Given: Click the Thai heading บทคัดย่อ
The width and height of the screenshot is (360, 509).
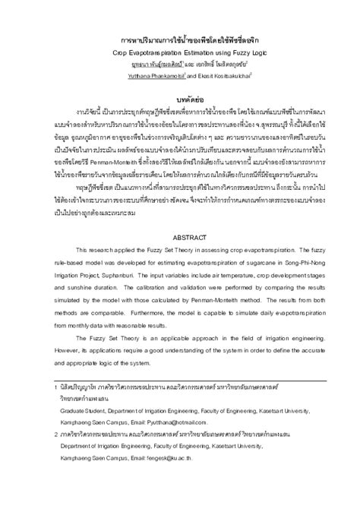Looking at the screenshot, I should (x=180, y=100).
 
